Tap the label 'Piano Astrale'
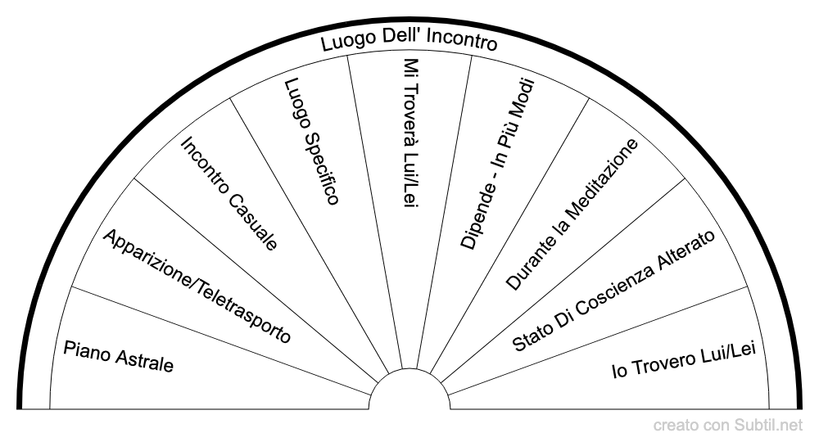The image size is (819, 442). (x=119, y=356)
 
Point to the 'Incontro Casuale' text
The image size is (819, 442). (x=229, y=193)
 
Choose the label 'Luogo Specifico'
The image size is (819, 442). (x=312, y=141)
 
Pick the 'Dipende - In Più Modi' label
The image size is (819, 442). (x=497, y=165)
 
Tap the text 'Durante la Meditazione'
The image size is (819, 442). (x=572, y=214)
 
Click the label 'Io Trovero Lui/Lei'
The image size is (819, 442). (x=684, y=360)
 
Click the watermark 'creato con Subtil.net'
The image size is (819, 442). (x=728, y=426)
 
